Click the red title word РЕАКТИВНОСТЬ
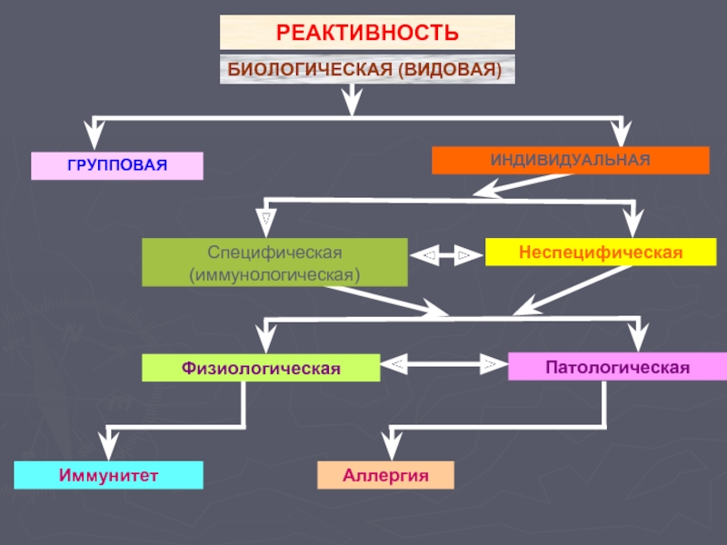[367, 33]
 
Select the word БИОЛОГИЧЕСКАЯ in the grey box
[310, 70]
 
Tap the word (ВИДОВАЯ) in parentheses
[450, 70]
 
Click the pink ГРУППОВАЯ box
[117, 165]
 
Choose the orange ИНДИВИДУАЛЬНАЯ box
[571, 161]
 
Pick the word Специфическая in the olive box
[274, 253]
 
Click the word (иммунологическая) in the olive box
[274, 275]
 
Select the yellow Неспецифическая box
[601, 253]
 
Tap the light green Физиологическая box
[261, 368]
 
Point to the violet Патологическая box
[618, 367]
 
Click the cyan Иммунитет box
[108, 475]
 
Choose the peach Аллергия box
[385, 475]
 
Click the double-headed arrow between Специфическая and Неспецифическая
[446, 255]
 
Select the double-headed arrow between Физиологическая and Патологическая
[444, 364]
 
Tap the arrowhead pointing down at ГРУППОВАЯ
[95, 134]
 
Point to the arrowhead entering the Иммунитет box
[108, 445]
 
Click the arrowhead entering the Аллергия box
[392, 445]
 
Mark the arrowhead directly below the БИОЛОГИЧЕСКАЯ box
[352, 101]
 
